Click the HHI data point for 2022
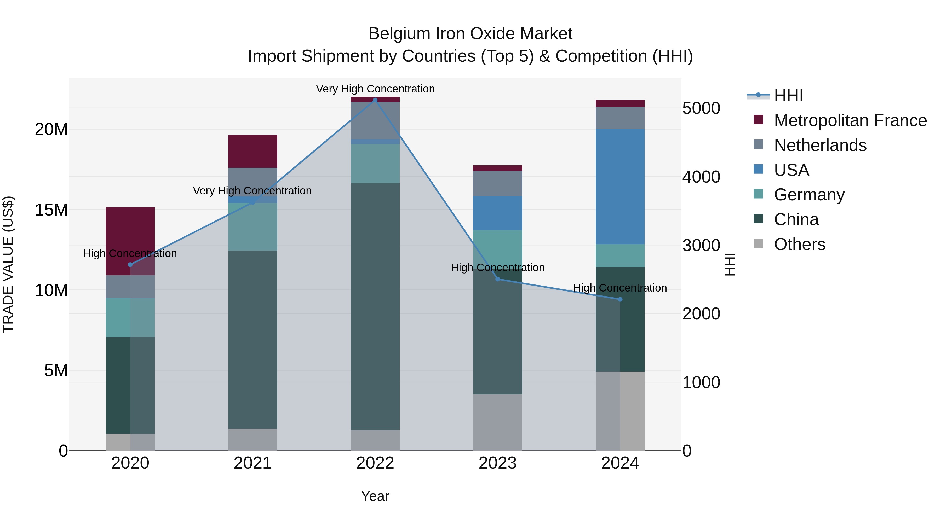click(375, 100)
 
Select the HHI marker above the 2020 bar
click(130, 265)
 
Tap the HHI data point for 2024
click(620, 299)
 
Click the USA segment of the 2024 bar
click(620, 186)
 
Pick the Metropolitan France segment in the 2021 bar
click(253, 151)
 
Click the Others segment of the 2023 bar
click(497, 422)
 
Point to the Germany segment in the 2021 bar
click(253, 226)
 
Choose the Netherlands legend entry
click(820, 145)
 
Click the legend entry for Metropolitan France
click(850, 120)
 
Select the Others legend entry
click(799, 244)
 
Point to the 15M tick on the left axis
click(51, 210)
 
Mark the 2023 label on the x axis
click(497, 463)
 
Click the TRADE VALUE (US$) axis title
click(8, 264)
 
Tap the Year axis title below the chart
click(375, 496)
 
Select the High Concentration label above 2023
click(497, 268)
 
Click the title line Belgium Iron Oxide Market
click(470, 34)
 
